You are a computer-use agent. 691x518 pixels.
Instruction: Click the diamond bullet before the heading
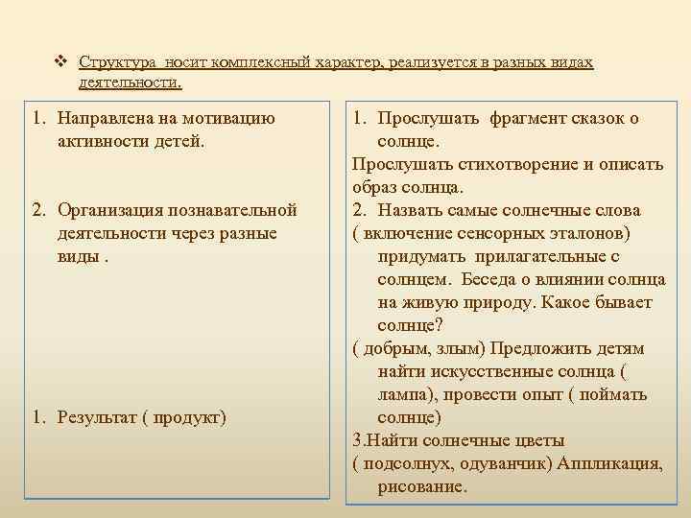pos(60,62)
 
